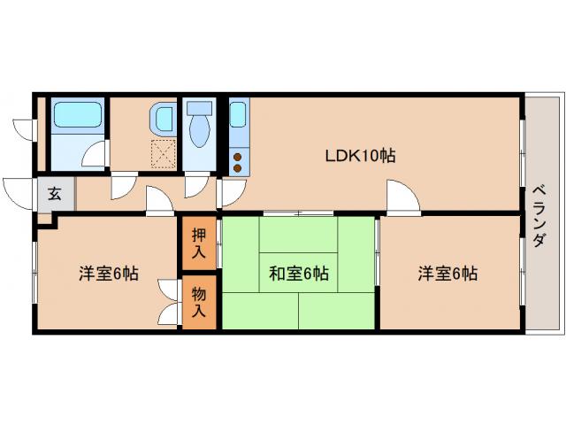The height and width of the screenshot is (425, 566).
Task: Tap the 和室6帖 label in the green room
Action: pyautogui.click(x=299, y=274)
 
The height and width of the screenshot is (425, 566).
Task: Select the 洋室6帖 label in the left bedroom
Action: pyautogui.click(x=108, y=274)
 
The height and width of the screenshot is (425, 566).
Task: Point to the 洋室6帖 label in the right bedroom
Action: pyautogui.click(x=448, y=274)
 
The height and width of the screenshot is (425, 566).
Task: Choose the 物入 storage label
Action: pyautogui.click(x=199, y=303)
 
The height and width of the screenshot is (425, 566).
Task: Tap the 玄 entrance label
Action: pyautogui.click(x=54, y=194)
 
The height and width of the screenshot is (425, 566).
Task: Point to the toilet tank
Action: pyautogui.click(x=199, y=107)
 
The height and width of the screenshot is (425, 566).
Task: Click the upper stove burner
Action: pyautogui.click(x=237, y=156)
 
